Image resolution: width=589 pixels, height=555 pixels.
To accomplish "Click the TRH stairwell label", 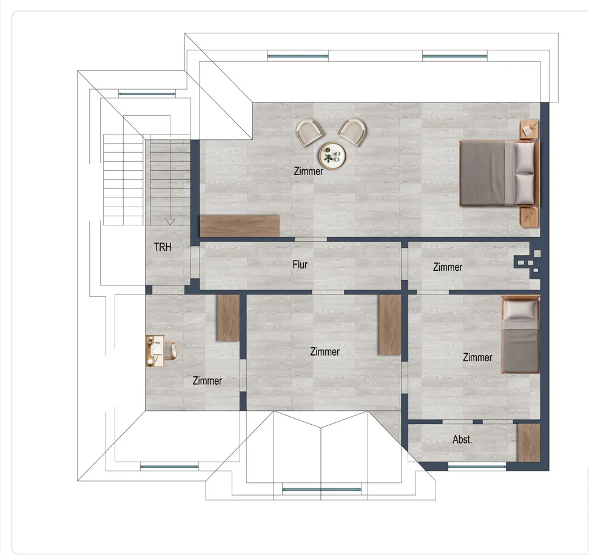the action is tap(163, 247).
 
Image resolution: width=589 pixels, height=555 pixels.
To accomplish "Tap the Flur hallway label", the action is tap(300, 265).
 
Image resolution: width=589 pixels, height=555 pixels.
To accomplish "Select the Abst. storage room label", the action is tap(462, 439).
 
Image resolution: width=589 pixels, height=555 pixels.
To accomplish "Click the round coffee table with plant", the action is tap(332, 156).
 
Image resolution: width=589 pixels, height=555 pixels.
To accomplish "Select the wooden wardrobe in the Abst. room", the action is tap(529, 443).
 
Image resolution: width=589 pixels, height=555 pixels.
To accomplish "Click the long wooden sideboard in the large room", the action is tap(239, 225).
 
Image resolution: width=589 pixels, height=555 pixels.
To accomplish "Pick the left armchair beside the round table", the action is tap(309, 132).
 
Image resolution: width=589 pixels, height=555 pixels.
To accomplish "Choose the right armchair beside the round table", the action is tap(352, 131).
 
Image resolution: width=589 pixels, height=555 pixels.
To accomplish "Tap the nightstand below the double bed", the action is tap(529, 217).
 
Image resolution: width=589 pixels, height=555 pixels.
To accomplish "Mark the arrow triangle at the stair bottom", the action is tap(170, 222).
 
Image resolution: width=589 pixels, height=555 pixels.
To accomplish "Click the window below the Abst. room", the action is tap(477, 467).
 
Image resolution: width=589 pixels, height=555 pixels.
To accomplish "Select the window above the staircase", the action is tap(147, 94).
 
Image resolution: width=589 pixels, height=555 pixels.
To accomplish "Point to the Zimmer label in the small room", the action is tap(448, 267).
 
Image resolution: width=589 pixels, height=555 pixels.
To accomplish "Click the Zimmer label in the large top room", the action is tap(308, 171).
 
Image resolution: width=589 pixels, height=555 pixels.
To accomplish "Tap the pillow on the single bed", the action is tap(520, 310).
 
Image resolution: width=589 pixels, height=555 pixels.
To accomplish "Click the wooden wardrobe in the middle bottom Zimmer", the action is tap(390, 325).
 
